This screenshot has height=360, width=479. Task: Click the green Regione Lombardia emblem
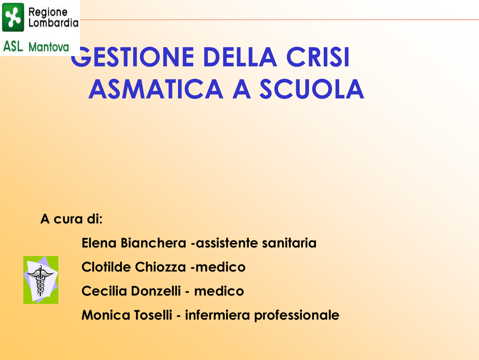click(13, 17)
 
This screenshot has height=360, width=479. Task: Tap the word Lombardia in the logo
click(53, 23)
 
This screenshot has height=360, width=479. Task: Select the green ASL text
click(13, 46)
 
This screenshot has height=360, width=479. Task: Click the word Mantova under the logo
click(49, 47)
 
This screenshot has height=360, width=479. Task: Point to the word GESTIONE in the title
click(132, 57)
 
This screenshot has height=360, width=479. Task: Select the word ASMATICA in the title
click(156, 89)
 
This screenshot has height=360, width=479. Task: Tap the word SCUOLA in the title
click(312, 89)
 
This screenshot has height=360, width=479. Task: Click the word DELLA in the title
click(240, 57)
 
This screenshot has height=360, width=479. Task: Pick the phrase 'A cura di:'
click(72, 219)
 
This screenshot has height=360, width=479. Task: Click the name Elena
click(99, 243)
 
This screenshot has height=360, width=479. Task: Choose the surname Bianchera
click(153, 243)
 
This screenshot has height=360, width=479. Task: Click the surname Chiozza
click(160, 267)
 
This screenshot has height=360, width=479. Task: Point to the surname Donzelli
click(156, 291)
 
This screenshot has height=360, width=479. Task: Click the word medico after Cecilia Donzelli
click(219, 291)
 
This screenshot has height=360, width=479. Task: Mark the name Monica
click(106, 315)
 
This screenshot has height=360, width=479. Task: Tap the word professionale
click(297, 316)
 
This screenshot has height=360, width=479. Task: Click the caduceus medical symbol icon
click(41, 280)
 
